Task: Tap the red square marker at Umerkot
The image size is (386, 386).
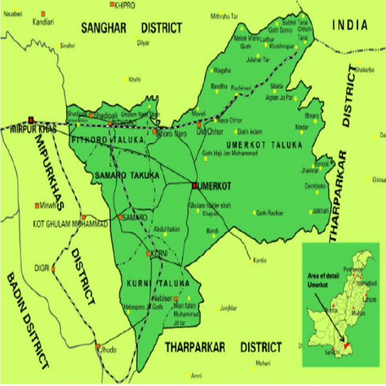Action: coord(194,186)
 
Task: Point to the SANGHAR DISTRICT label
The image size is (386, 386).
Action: coord(131,27)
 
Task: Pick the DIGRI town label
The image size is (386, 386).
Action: coord(42,267)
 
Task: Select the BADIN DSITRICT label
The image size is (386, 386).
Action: coord(27,321)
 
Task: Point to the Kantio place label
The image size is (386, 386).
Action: coord(260,260)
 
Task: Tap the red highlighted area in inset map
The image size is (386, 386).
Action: coord(347,344)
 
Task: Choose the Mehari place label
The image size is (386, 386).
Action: coord(263,363)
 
